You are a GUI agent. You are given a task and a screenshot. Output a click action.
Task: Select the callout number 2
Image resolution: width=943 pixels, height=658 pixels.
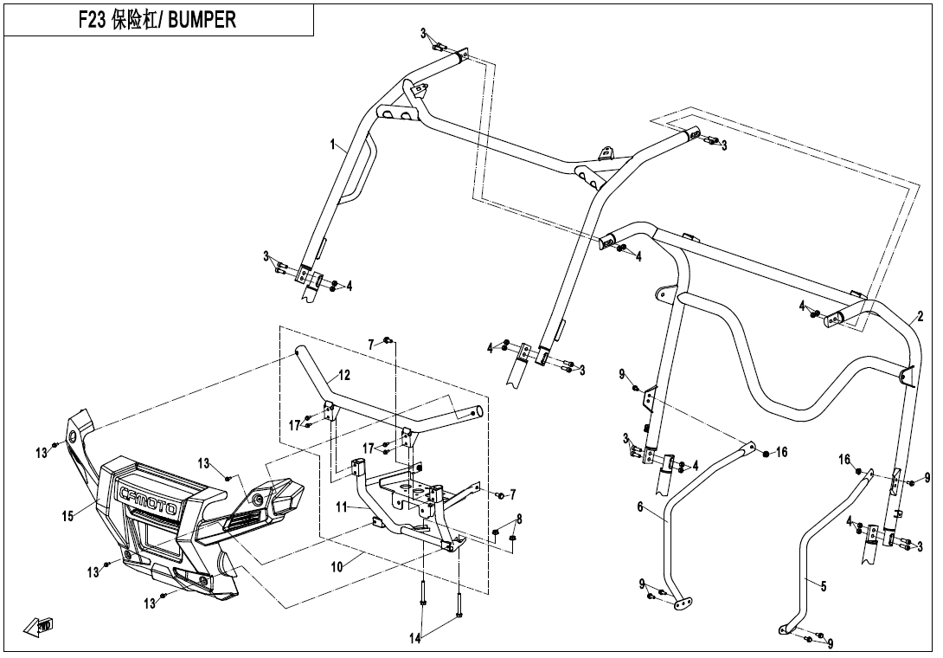(921, 316)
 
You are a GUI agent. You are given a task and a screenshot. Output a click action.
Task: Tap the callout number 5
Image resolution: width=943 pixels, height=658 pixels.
(824, 586)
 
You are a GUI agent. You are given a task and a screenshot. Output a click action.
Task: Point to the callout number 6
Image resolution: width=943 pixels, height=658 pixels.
(640, 507)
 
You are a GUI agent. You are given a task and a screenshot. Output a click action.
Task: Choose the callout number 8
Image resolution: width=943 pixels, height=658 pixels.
(519, 519)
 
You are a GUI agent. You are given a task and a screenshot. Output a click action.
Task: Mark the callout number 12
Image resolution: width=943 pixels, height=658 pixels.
(344, 376)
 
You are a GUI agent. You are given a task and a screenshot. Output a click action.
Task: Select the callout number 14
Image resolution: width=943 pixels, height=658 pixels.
(415, 639)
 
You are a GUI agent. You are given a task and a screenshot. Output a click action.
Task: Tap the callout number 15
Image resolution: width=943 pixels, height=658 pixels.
(67, 516)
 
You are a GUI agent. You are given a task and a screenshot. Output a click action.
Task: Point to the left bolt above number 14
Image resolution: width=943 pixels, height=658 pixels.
(423, 597)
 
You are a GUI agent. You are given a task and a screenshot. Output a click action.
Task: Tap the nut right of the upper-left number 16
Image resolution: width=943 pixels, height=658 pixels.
(766, 452)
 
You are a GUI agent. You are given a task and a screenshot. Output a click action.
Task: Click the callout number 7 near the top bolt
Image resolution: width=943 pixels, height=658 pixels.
(371, 345)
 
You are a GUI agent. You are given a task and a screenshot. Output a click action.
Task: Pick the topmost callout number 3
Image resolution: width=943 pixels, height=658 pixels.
(424, 33)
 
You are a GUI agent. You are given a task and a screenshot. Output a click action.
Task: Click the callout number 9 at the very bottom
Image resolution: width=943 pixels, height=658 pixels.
(831, 643)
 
